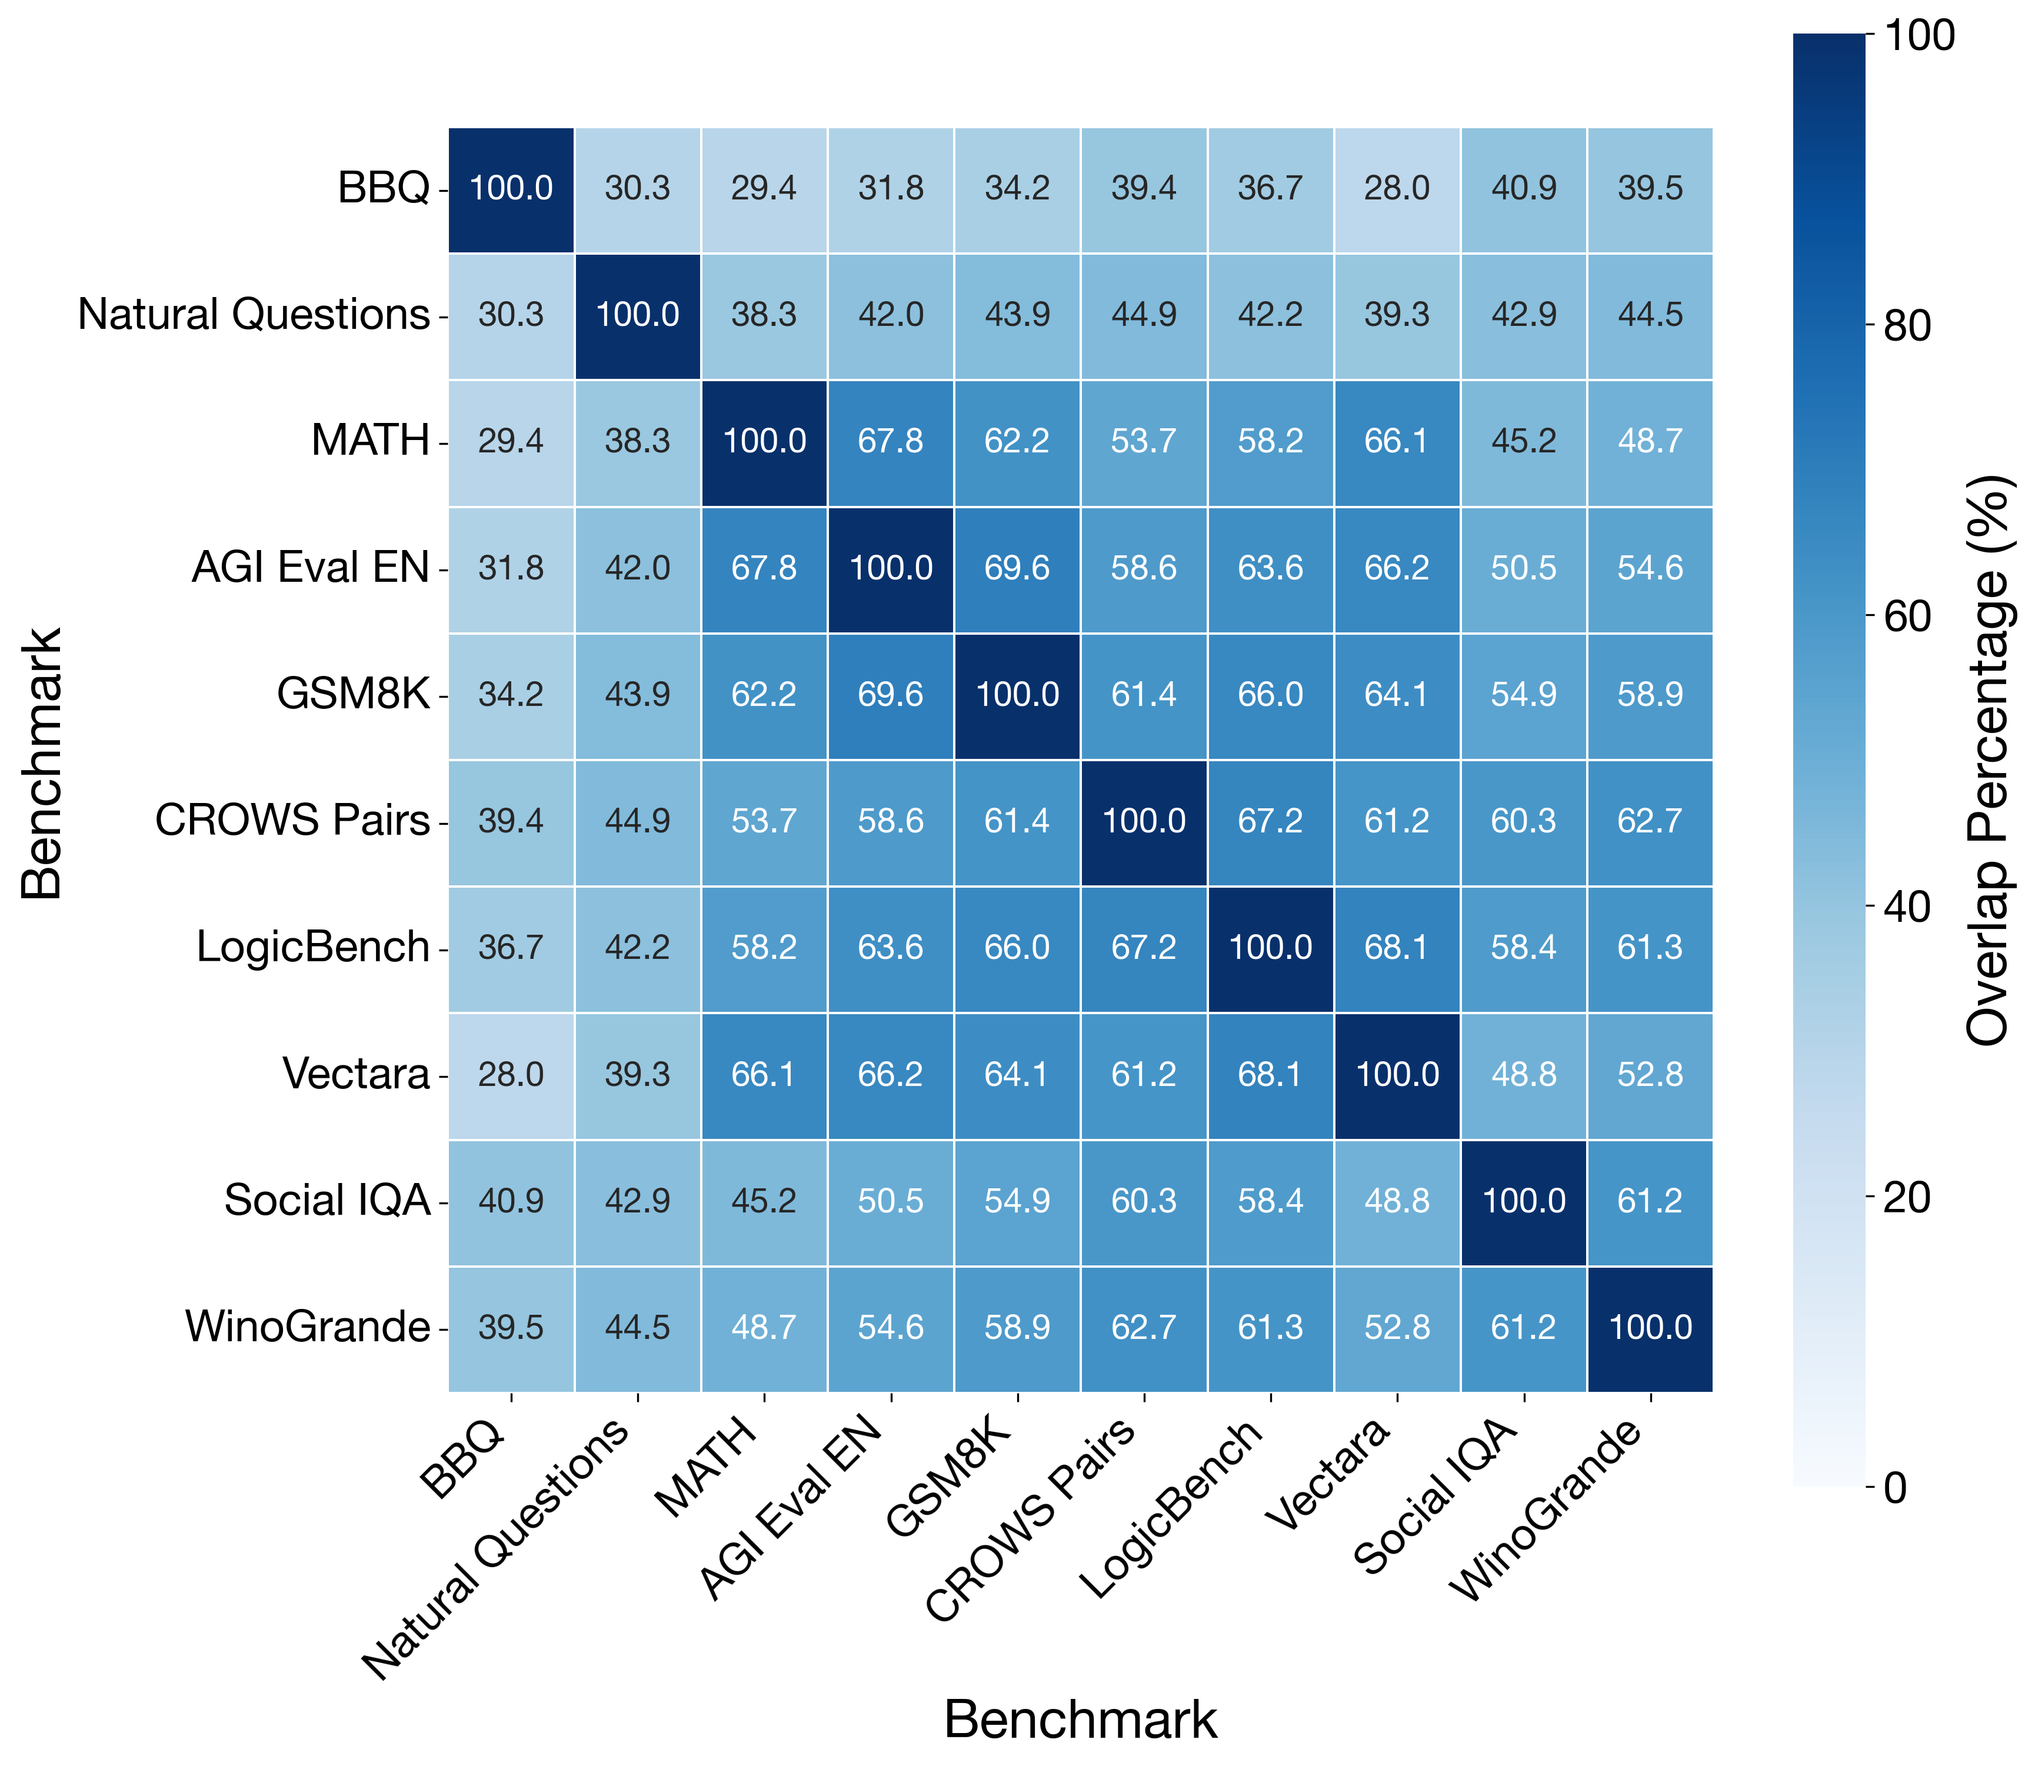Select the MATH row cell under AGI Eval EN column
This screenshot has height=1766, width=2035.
tap(891, 441)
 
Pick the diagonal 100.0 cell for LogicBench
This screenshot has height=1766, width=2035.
tap(1270, 948)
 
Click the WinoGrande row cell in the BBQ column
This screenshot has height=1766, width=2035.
tap(511, 1328)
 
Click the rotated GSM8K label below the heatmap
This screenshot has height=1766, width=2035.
tap(947, 1478)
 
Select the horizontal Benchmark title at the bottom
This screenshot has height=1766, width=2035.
tap(1080, 1720)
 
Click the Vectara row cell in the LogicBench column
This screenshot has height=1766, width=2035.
tap(1270, 1074)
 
